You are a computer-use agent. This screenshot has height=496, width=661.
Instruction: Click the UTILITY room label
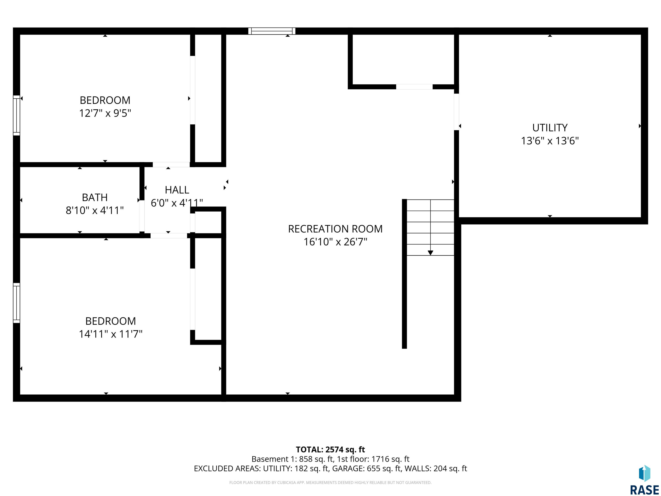pos(550,128)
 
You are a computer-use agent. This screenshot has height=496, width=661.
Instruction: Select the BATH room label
pos(95,197)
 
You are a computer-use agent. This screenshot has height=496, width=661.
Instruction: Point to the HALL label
pos(177,190)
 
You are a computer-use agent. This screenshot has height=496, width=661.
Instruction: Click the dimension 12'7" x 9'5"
pos(105,113)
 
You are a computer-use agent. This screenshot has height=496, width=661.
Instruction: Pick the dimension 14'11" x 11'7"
pos(111,334)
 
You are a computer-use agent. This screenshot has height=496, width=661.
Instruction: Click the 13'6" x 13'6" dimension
pos(550,141)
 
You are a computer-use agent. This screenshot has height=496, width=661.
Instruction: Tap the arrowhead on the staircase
pos(430,253)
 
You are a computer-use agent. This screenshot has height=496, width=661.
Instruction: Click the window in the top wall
pos(272,31)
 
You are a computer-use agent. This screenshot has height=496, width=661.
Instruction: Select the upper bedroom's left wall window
pos(16,115)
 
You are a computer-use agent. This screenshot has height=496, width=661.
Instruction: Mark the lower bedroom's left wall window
pos(16,303)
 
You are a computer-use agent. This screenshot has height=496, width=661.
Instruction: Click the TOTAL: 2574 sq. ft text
pos(330,450)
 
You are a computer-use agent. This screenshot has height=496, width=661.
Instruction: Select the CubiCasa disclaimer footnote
pos(330,483)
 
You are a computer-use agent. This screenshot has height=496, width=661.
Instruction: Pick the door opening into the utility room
pos(456,112)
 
